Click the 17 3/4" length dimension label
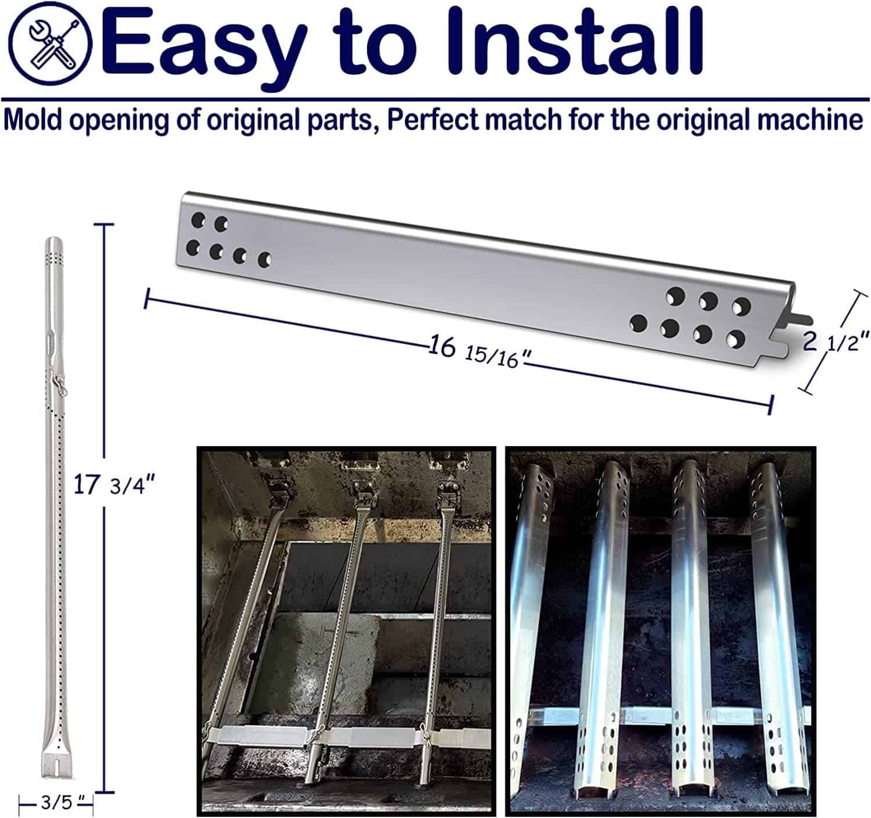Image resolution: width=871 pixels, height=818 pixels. [x=114, y=485]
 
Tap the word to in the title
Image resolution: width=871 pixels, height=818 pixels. [x=375, y=44]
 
